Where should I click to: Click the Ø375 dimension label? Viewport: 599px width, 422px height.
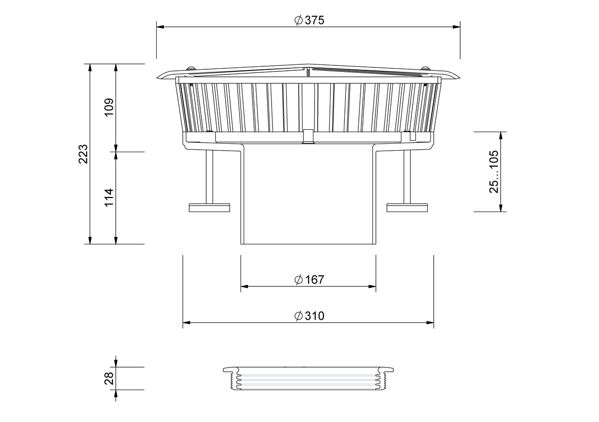(x=309, y=20)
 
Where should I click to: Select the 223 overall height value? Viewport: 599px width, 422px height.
(x=83, y=154)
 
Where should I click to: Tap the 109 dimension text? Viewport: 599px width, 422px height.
(x=109, y=107)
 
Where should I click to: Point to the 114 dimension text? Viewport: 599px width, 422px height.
(x=109, y=198)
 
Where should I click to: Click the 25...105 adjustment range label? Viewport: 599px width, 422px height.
(x=494, y=172)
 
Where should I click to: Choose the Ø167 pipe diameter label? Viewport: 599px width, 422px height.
(x=309, y=280)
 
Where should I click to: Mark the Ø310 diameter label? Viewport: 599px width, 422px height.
(x=309, y=316)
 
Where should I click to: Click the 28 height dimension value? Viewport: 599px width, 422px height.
(x=109, y=378)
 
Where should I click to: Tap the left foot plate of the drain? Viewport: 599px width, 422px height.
(x=209, y=208)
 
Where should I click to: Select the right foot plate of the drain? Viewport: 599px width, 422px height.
(x=407, y=208)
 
